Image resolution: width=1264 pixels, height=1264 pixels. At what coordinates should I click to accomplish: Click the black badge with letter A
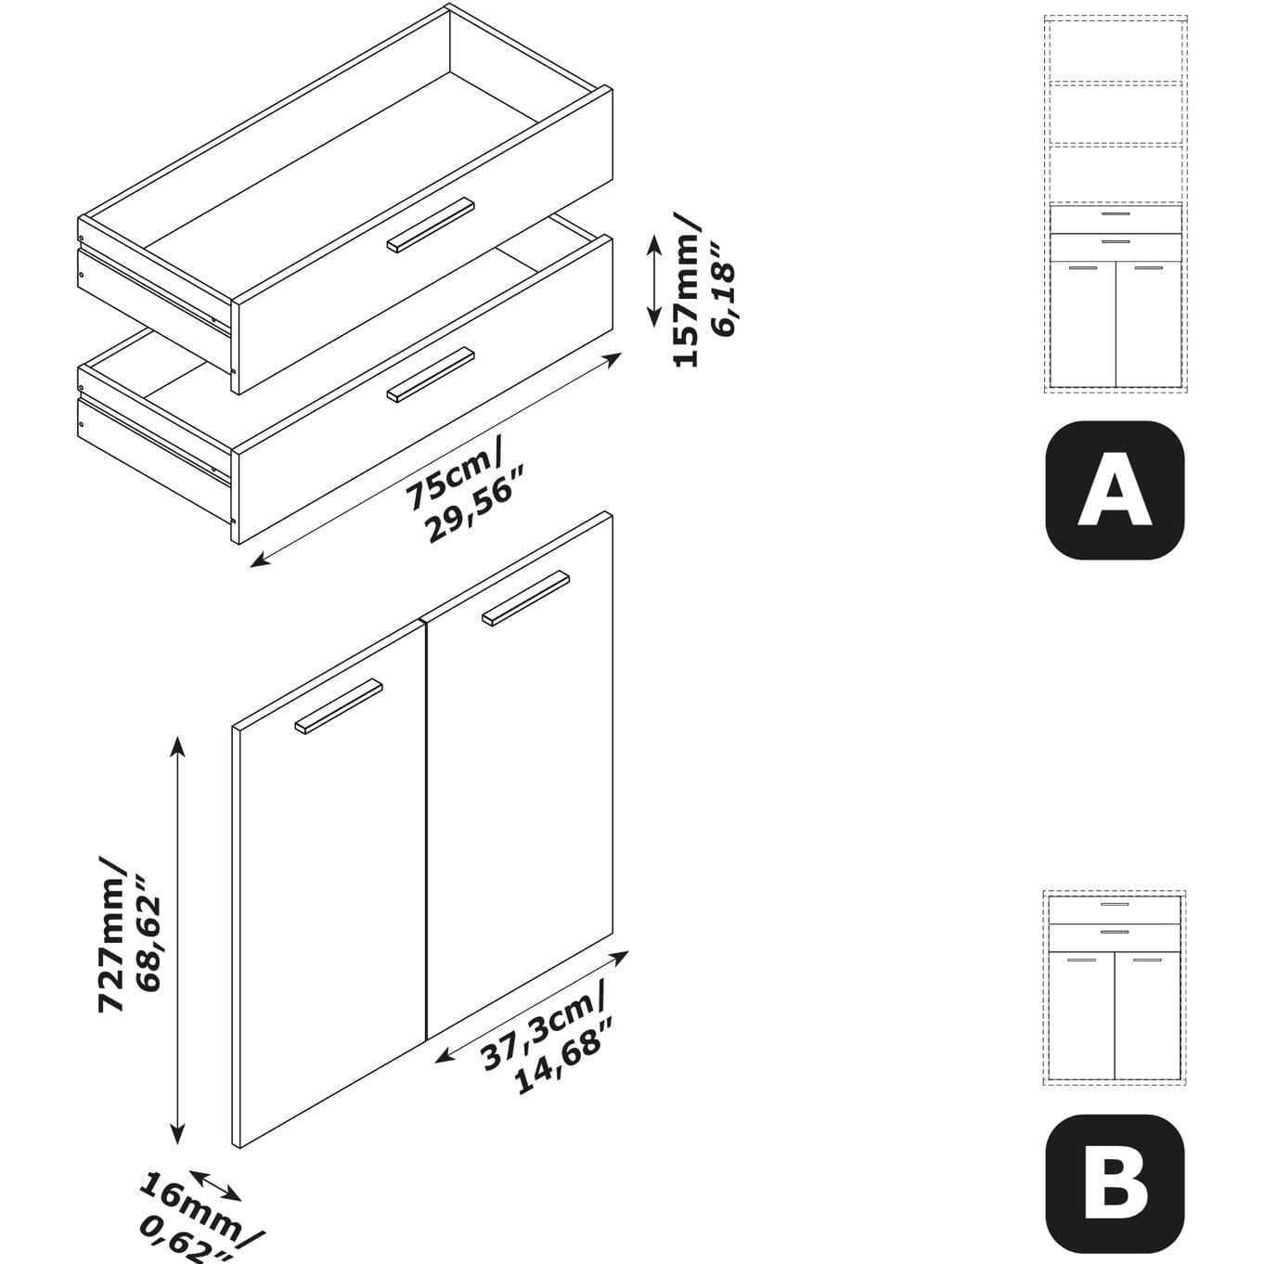pos(1115,490)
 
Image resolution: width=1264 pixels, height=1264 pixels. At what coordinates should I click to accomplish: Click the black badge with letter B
pos(1115,1189)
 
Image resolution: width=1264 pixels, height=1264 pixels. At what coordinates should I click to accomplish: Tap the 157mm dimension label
pos(687,290)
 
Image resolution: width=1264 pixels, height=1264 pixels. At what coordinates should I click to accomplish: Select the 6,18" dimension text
pos(725,291)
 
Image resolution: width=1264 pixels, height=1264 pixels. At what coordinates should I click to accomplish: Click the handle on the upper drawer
pos(431,225)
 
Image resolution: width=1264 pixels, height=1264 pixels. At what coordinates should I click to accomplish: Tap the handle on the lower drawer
pos(431,375)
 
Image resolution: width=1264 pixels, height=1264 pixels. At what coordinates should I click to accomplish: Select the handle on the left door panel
pos(339,706)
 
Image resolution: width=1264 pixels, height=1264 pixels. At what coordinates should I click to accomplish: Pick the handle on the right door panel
pos(526,600)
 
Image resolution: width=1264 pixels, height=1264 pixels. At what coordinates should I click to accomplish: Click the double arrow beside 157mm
pos(654,281)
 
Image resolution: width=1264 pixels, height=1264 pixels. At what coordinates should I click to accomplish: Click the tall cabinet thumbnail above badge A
pos(1116,204)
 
